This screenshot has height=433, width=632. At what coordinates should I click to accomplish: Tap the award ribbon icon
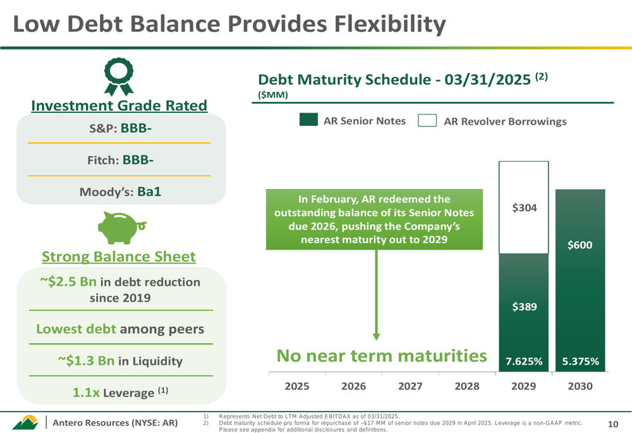119,76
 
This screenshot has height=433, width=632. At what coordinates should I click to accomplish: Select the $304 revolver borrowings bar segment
523,207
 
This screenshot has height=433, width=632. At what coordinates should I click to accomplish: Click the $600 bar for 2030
580,280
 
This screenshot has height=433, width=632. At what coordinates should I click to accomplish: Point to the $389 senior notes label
525,307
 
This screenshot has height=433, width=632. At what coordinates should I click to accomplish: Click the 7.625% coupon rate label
524,361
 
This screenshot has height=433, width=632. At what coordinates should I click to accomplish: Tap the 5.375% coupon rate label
580,361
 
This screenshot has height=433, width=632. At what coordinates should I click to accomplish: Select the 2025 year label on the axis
297,386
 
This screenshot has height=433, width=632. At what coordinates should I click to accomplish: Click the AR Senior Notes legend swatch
309,119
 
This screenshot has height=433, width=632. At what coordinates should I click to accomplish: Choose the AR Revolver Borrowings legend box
427,121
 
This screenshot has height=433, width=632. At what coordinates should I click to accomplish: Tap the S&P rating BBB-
137,128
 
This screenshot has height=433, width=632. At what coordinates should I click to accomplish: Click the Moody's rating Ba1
149,192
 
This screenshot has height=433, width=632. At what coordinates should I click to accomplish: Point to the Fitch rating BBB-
138,160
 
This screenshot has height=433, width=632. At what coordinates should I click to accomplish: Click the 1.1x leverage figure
86,393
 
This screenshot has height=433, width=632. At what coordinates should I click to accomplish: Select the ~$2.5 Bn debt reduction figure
68,281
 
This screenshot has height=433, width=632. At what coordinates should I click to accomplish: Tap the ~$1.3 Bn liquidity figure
86,360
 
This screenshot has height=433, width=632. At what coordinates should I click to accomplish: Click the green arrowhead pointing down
377,337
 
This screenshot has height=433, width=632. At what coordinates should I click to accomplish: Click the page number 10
613,424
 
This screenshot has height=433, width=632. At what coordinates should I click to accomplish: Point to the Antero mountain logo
25,422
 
